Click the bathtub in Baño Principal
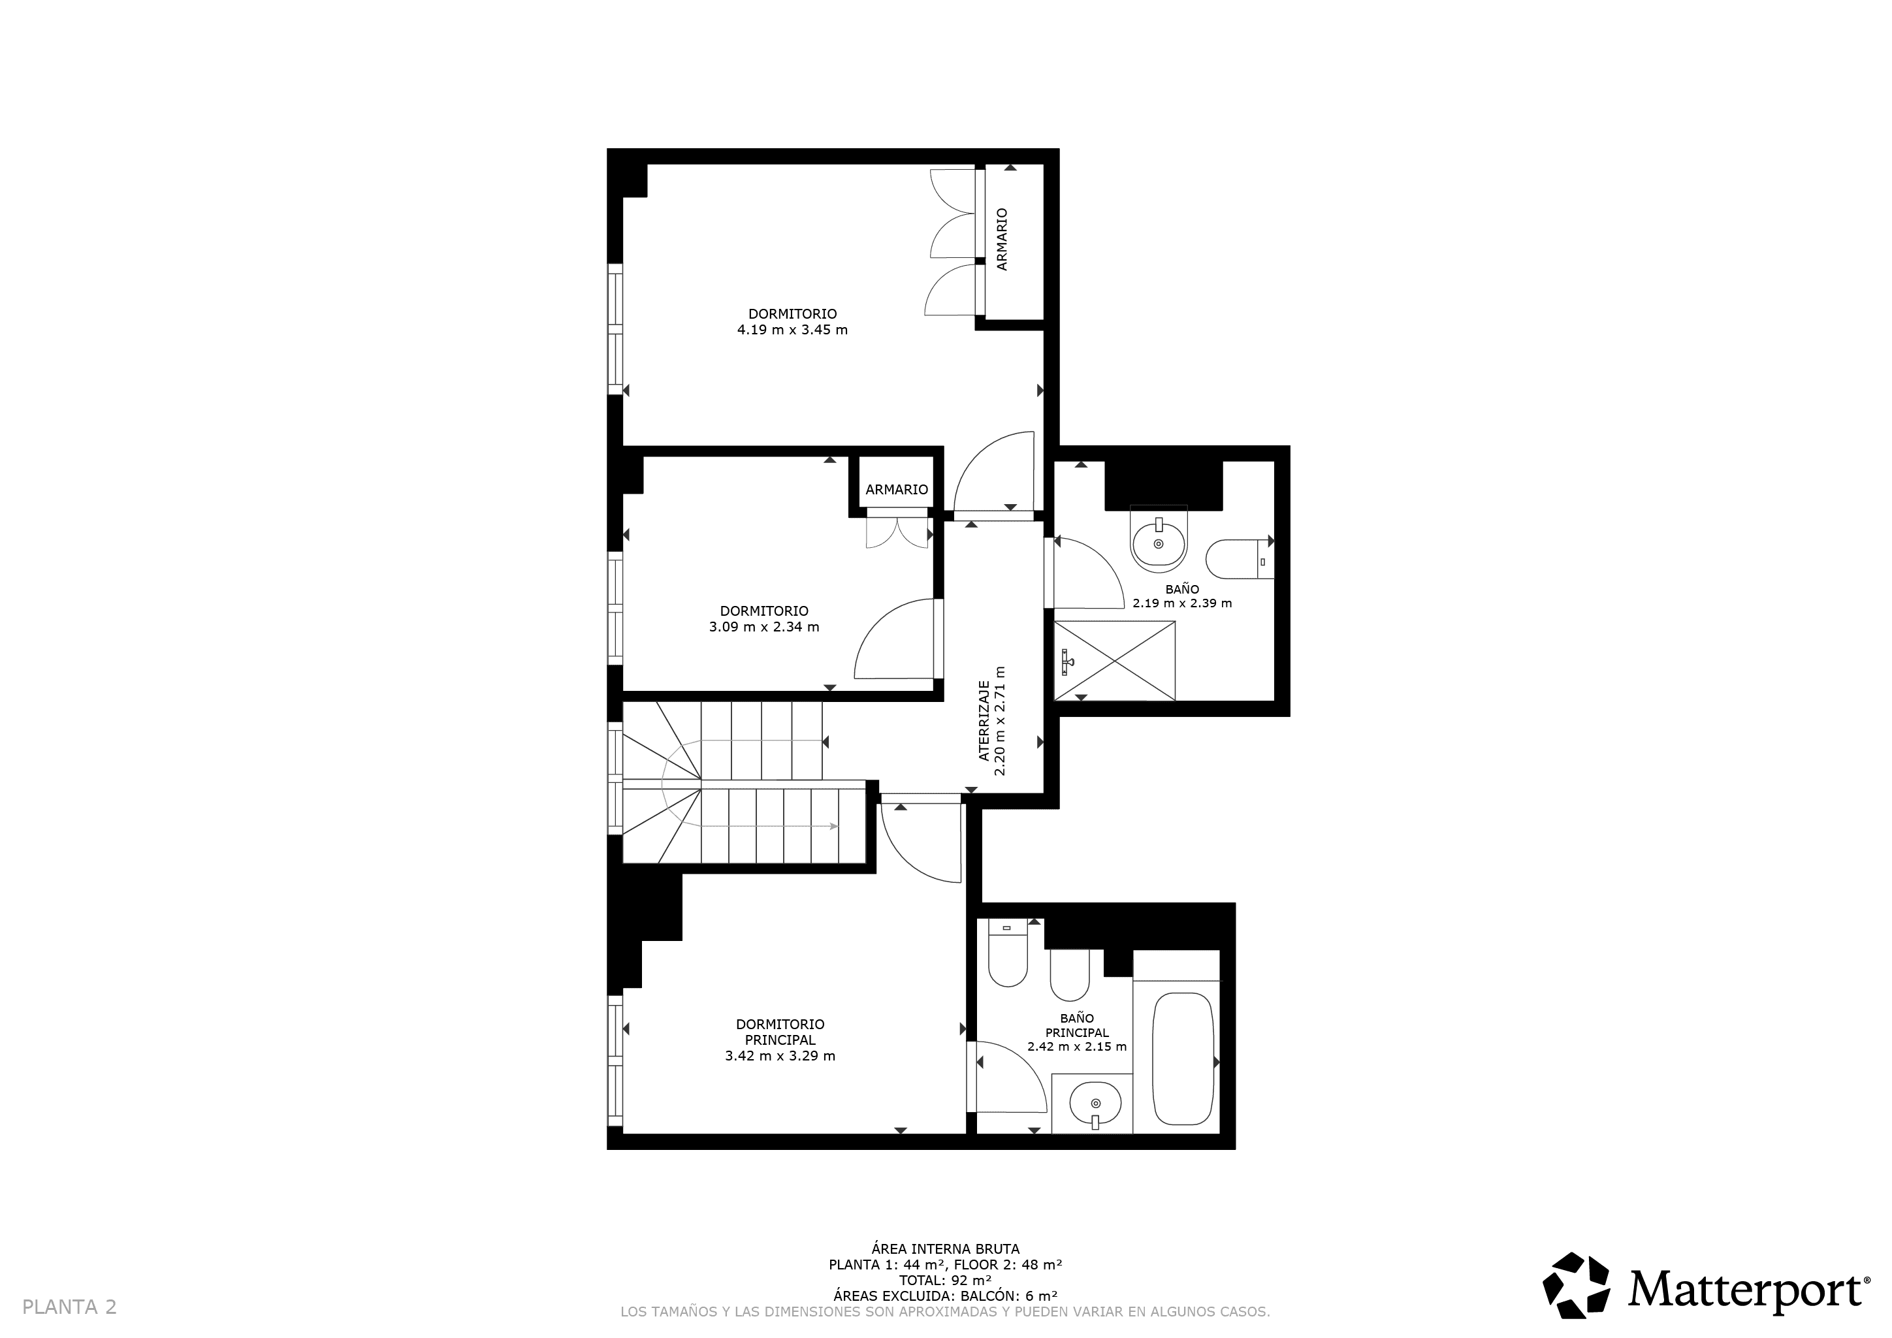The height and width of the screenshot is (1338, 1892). coord(1183,1059)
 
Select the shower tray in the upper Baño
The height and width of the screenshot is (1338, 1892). coord(1115,661)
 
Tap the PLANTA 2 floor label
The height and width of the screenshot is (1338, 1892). coord(69,1307)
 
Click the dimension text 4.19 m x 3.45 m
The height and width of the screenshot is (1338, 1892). coord(792,330)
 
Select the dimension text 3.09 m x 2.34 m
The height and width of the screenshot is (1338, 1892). coord(764,627)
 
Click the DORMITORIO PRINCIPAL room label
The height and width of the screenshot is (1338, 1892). coord(780,1032)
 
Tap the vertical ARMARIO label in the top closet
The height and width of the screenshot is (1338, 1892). coord(1002,239)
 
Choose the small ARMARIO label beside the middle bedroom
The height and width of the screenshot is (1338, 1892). coord(897,489)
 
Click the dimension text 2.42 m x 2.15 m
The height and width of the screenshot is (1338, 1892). coord(1077,1047)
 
